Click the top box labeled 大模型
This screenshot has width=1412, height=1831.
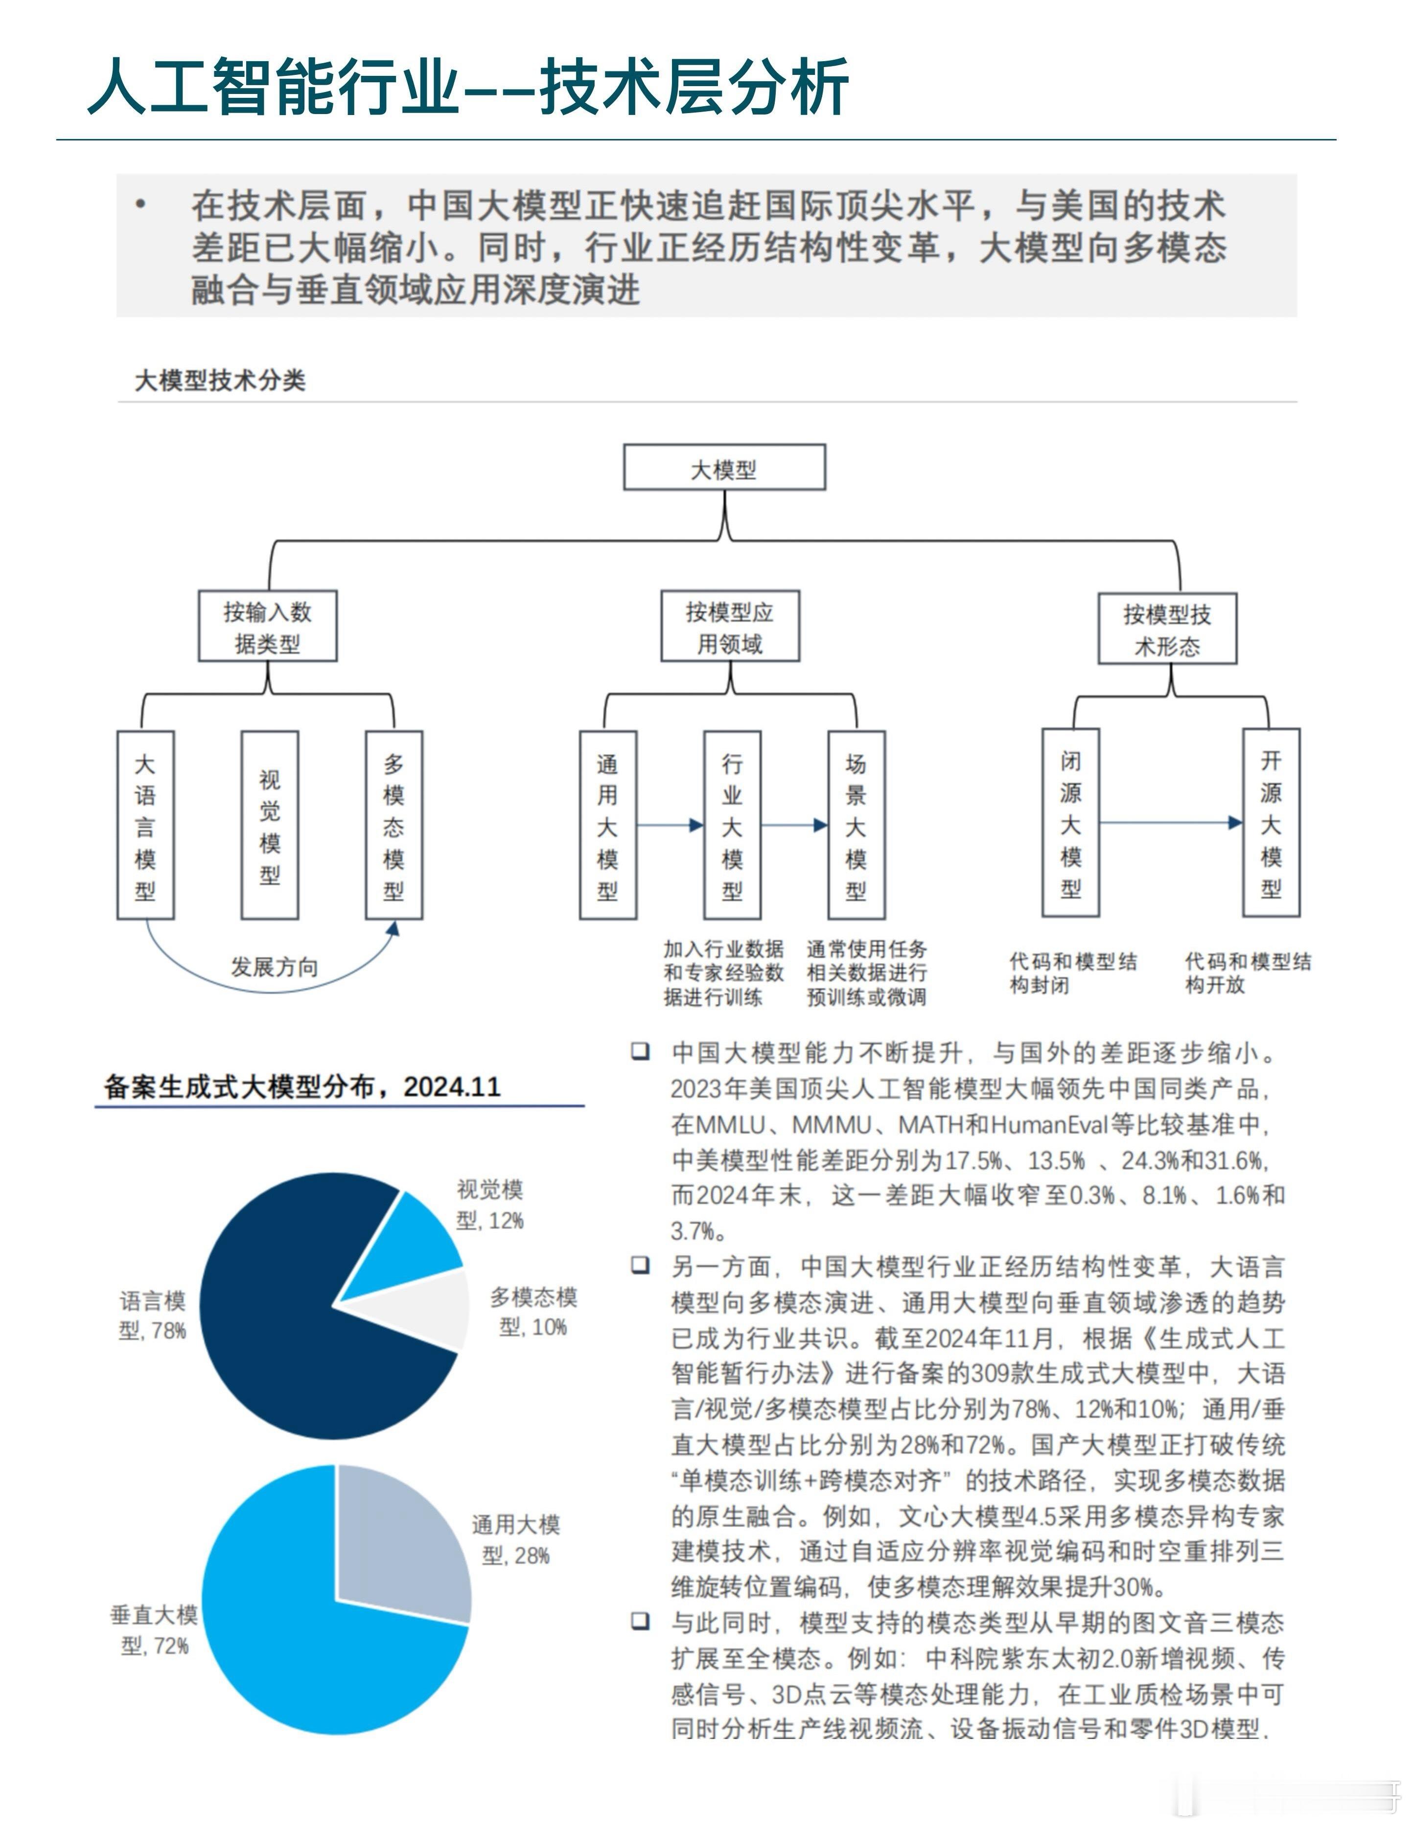723,468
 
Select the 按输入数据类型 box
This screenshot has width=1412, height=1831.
268,626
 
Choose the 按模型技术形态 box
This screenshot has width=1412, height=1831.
1167,629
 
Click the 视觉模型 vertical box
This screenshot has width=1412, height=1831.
269,825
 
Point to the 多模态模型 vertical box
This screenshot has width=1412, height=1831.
393,825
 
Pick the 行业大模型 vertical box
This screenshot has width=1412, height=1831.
732,825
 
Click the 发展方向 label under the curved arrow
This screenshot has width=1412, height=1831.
274,967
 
